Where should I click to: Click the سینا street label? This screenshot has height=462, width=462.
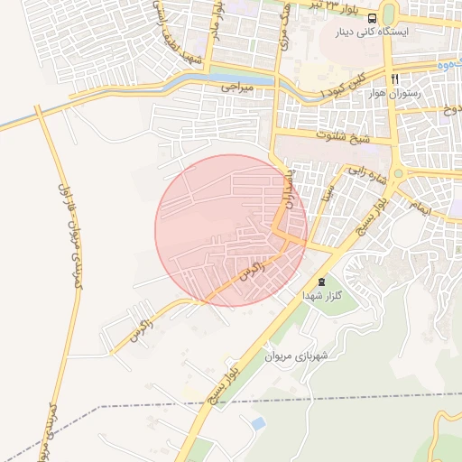click(x=328, y=192)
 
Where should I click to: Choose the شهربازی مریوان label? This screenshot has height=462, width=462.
click(x=293, y=356)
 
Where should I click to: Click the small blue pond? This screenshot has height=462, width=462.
click(x=259, y=422)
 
